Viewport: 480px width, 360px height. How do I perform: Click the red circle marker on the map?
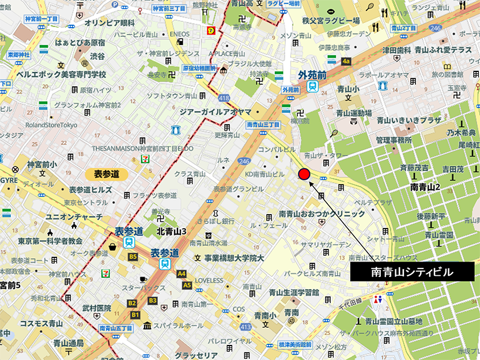coord(304,175)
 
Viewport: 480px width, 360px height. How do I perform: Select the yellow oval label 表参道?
coord(107,174)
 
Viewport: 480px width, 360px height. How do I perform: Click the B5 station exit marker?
coord(133,256)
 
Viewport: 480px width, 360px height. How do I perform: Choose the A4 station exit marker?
coord(182,274)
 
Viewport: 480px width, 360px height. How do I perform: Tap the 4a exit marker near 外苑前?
coord(346,60)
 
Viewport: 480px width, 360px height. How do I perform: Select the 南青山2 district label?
coord(425,187)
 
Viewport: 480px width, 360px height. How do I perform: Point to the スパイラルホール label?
coord(179,325)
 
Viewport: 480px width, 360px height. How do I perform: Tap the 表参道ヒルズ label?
coord(90,190)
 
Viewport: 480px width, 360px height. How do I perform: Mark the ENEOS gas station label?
coord(179,34)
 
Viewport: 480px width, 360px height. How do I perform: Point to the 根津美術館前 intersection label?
coord(294,344)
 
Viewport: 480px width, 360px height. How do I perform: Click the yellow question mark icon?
coord(211,31)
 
